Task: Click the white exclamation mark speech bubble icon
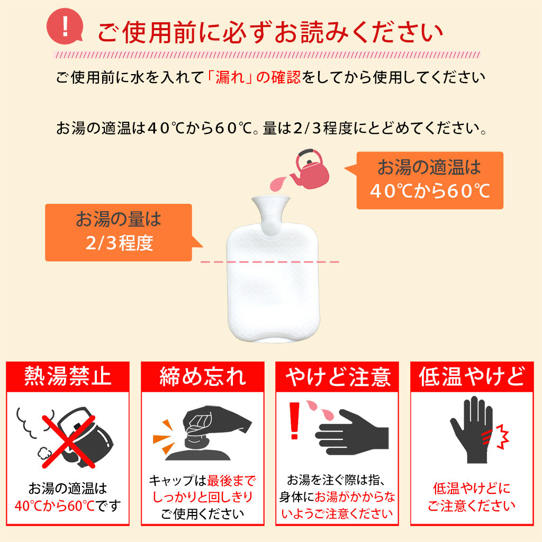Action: [65, 28]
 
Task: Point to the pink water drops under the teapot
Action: [277, 184]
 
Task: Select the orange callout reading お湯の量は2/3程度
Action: [118, 232]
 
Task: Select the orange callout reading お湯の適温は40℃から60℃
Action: [429, 180]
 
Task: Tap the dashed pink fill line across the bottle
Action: [270, 261]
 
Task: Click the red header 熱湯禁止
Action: [68, 376]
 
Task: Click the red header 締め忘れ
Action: [203, 376]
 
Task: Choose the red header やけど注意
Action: [337, 376]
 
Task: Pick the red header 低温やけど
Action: [472, 376]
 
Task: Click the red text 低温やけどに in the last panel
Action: [472, 488]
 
